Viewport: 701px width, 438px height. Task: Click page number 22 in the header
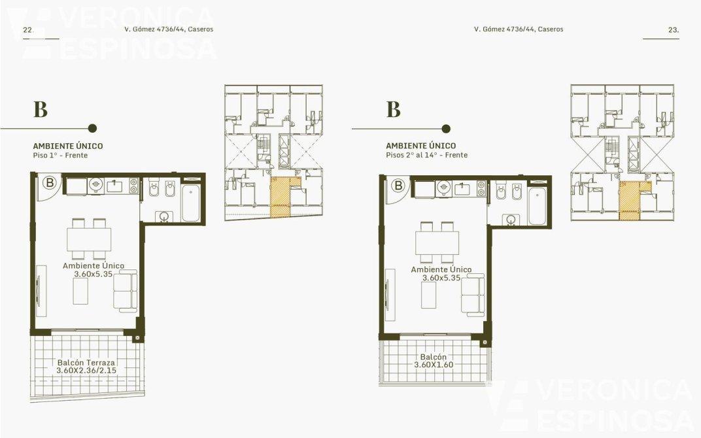pyautogui.click(x=27, y=30)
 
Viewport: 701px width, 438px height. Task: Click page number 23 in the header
pyautogui.click(x=674, y=30)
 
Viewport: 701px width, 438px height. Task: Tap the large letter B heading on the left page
pyautogui.click(x=41, y=110)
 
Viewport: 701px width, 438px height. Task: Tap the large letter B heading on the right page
pyautogui.click(x=394, y=109)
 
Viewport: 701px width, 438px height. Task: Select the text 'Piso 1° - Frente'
pyautogui.click(x=60, y=156)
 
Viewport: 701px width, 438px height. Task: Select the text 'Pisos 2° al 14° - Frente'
pyautogui.click(x=427, y=155)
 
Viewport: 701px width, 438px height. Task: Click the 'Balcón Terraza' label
pyautogui.click(x=86, y=363)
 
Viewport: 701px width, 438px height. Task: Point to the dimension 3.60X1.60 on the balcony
pyautogui.click(x=434, y=365)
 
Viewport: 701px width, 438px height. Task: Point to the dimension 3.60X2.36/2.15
pyautogui.click(x=86, y=371)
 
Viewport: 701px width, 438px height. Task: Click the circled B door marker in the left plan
pyautogui.click(x=50, y=183)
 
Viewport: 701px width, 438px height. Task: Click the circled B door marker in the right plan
pyautogui.click(x=398, y=185)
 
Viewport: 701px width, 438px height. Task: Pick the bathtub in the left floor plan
pyautogui.click(x=191, y=203)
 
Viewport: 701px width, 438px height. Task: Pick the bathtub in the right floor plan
pyautogui.click(x=537, y=206)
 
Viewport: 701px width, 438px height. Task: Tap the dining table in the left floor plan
pyautogui.click(x=89, y=239)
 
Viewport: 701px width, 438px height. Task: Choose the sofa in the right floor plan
pyautogui.click(x=473, y=297)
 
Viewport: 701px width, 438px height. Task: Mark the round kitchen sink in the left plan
pyautogui.click(x=95, y=184)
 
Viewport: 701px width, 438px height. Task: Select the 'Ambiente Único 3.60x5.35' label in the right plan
pyautogui.click(x=441, y=273)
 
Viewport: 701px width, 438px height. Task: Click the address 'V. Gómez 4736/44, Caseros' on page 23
pyautogui.click(x=519, y=29)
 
